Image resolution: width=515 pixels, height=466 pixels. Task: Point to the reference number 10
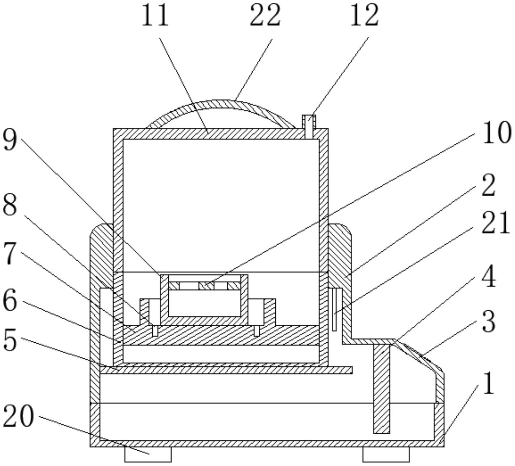[x=496, y=133]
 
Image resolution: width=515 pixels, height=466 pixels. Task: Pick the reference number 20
[x=19, y=416]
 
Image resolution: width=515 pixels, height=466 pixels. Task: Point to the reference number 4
[x=488, y=277]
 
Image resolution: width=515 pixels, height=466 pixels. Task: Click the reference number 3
[x=488, y=322]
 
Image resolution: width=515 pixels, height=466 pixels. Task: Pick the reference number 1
[x=488, y=383]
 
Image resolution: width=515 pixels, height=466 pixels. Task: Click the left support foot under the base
[x=148, y=455]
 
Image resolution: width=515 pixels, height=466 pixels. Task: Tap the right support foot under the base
[x=386, y=455]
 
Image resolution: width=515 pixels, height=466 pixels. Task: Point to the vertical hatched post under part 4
[x=381, y=388]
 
